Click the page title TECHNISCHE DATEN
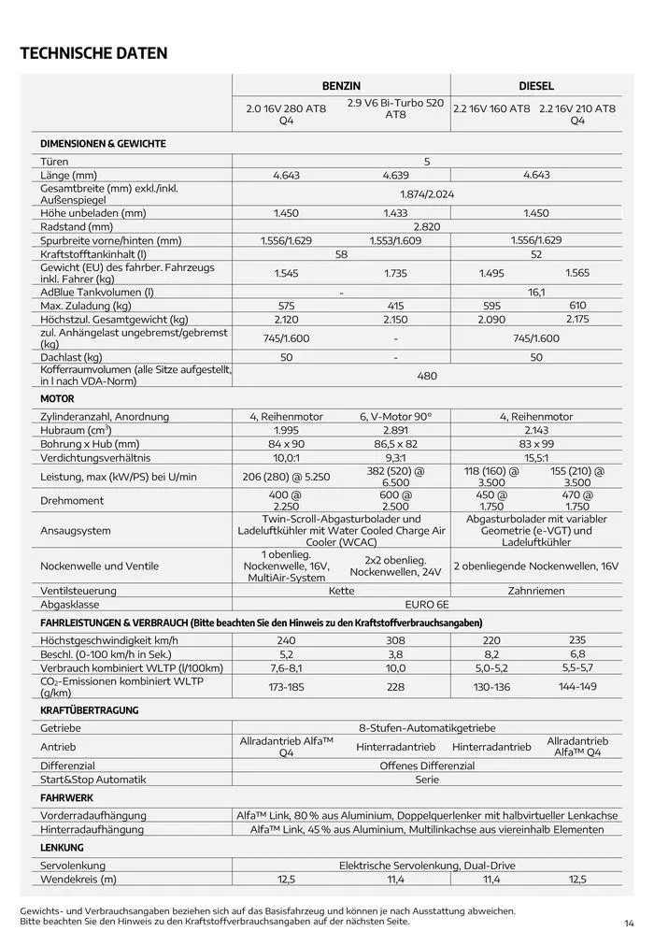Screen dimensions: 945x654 click(93, 53)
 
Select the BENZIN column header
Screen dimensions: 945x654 click(341, 85)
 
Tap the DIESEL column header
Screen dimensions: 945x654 click(536, 85)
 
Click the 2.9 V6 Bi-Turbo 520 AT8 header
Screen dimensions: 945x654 click(396, 108)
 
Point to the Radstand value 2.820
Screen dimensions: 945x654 click(426, 226)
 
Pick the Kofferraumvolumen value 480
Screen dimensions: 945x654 click(426, 376)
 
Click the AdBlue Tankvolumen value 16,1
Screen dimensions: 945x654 click(536, 293)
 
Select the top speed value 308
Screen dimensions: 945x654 click(396, 640)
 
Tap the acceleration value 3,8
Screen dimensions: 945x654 click(396, 654)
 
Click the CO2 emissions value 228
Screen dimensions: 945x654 click(396, 687)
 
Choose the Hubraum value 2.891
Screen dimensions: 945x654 click(396, 430)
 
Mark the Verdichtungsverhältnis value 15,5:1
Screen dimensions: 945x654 click(536, 458)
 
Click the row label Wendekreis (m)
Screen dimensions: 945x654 click(78, 880)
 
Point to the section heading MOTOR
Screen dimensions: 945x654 click(57, 398)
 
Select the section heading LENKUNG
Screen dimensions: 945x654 click(63, 848)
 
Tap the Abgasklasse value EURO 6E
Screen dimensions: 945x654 click(426, 604)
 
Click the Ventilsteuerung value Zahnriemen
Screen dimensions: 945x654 click(536, 591)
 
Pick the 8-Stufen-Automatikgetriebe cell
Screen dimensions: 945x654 click(426, 727)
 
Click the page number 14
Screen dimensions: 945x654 click(630, 924)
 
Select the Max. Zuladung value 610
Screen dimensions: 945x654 click(577, 306)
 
